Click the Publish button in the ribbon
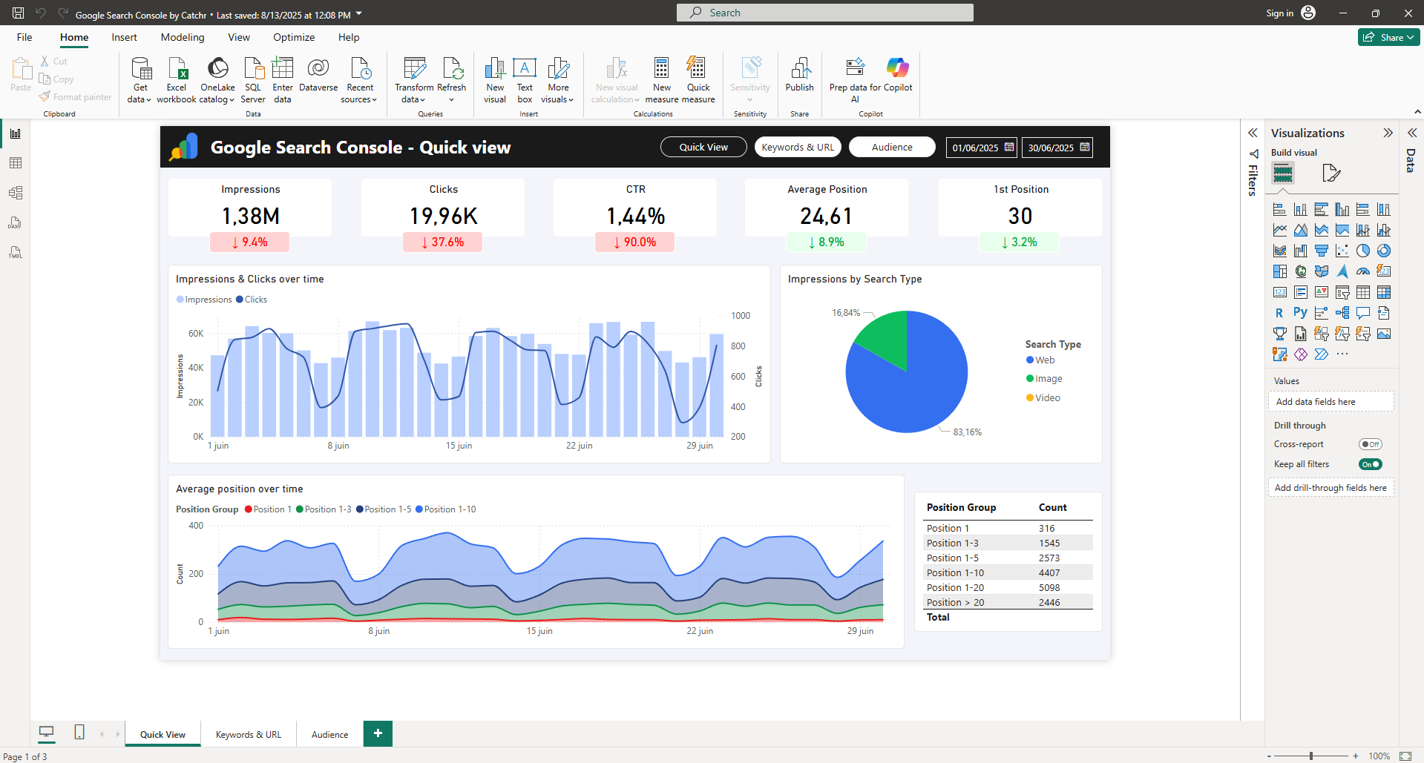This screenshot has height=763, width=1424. (799, 75)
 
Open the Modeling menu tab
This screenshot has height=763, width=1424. (183, 37)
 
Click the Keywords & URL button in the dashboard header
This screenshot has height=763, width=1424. (798, 147)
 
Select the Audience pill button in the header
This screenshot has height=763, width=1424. (892, 147)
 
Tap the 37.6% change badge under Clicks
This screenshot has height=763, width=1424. (442, 242)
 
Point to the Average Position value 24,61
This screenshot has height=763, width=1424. (826, 216)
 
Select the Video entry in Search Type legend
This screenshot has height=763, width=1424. (1047, 397)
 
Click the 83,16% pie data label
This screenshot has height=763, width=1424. (967, 432)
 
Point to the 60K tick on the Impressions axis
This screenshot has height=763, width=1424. (196, 334)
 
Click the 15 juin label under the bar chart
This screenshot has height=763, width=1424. (459, 446)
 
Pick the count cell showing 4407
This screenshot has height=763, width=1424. (1049, 572)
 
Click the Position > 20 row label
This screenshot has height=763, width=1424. (955, 602)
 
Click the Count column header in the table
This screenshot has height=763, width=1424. (1052, 507)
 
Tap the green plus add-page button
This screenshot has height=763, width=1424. (378, 733)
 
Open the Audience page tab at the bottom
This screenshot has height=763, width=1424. (329, 734)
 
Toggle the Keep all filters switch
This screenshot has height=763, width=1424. (1370, 464)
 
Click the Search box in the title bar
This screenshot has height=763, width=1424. (824, 13)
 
